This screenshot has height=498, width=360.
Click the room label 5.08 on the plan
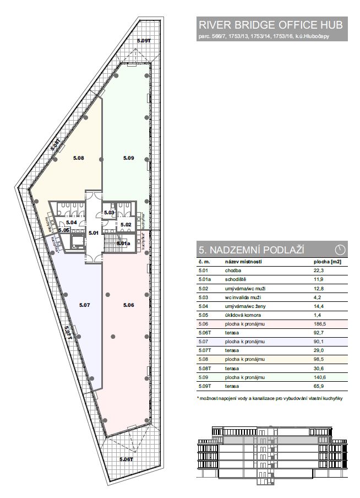point(78,158)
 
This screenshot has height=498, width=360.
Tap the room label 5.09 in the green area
point(129,158)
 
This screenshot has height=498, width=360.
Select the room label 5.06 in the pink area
point(129,305)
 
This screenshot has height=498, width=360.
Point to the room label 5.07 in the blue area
point(84,305)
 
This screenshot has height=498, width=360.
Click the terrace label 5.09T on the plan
point(143,40)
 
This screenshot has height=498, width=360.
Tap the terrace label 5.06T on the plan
point(126,459)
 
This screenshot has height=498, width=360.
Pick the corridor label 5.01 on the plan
point(94,233)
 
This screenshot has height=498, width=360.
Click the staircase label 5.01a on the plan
point(123,243)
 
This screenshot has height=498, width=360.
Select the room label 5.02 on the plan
point(126,225)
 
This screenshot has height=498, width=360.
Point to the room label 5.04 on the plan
point(72,223)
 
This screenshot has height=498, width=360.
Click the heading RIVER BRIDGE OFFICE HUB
point(271,25)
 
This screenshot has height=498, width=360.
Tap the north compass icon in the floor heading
point(340,250)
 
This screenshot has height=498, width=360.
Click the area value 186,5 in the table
point(319,324)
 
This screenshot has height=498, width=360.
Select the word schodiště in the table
point(235,279)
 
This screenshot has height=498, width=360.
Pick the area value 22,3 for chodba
point(318,270)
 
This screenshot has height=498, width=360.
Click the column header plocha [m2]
point(325,262)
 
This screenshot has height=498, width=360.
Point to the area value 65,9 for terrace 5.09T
point(318,386)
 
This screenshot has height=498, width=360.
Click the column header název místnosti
point(243,262)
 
